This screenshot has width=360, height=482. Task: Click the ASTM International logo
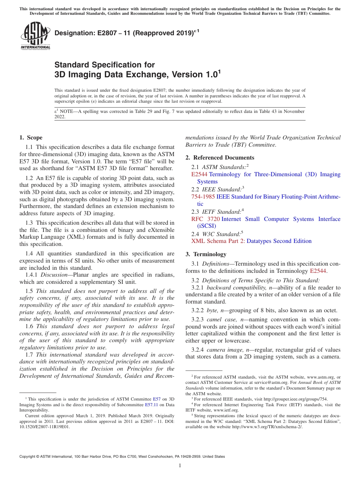tap(35, 36)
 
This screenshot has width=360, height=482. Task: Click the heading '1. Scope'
tap(31, 138)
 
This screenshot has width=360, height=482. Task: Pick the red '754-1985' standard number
tap(203, 197)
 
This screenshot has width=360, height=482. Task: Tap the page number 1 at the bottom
tap(180, 466)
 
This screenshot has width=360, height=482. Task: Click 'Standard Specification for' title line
tap(105, 65)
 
